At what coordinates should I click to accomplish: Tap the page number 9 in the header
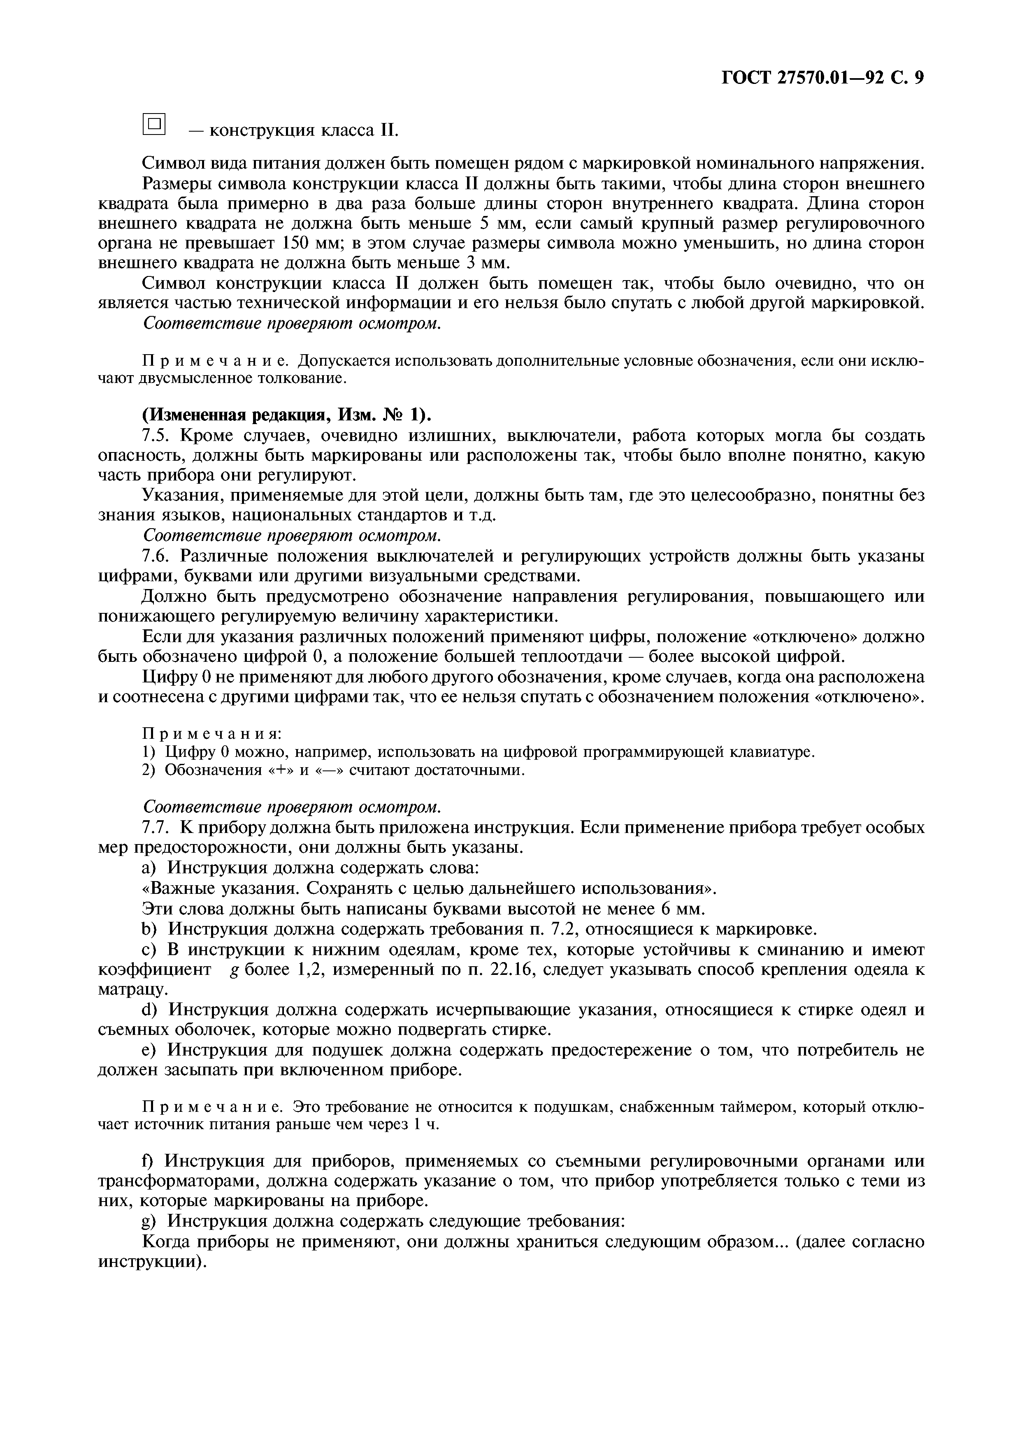coord(918,77)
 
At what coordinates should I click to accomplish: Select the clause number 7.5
coord(158,436)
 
